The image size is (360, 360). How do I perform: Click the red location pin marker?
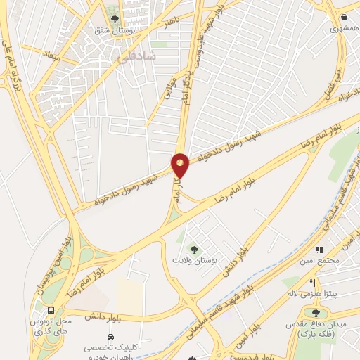point(181,165)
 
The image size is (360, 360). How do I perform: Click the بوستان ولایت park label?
point(194,261)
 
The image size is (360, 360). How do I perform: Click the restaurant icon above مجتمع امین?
point(319,249)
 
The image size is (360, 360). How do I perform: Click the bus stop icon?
point(51,310)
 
